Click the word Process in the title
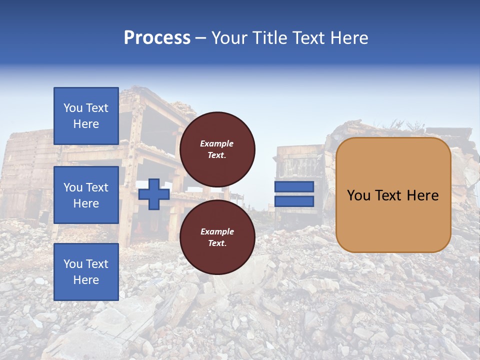pyautogui.click(x=157, y=38)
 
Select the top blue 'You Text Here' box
pyautogui.click(x=86, y=116)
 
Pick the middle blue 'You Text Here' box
pyautogui.click(x=86, y=195)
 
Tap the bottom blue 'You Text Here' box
pyautogui.click(x=86, y=272)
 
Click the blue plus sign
pyautogui.click(x=154, y=194)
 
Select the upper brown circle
pyautogui.click(x=217, y=149)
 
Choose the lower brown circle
pyautogui.click(x=217, y=237)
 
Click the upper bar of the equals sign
pyautogui.click(x=294, y=186)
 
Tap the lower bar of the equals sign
pyautogui.click(x=294, y=201)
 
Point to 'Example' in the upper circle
pyautogui.click(x=217, y=143)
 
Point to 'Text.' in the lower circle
pyautogui.click(x=217, y=243)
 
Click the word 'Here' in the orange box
pyautogui.click(x=422, y=195)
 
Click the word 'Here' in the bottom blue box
pyautogui.click(x=86, y=280)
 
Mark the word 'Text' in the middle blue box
pyautogui.click(x=97, y=187)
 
